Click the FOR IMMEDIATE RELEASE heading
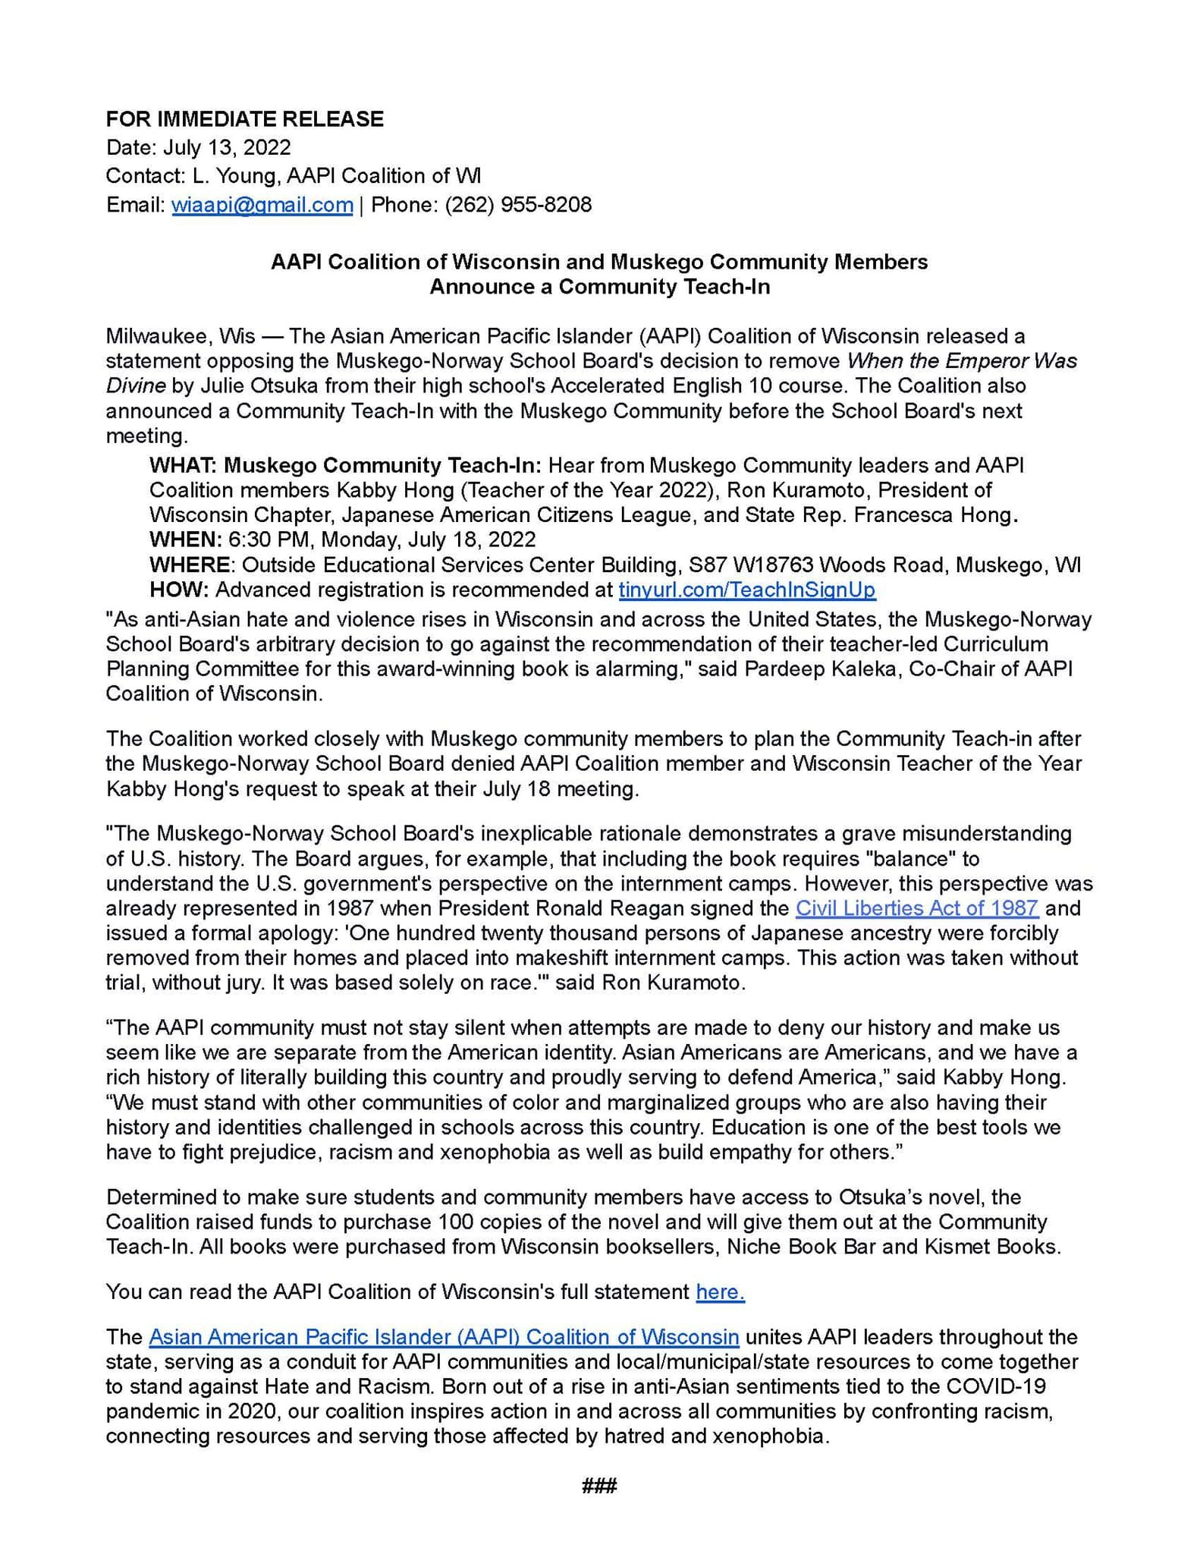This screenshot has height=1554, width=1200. (244, 119)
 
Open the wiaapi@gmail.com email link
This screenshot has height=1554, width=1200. (262, 205)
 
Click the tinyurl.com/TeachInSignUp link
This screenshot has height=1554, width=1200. (746, 590)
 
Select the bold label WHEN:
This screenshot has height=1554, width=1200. (185, 539)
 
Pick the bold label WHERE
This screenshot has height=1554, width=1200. (190, 565)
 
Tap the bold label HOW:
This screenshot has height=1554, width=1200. (179, 590)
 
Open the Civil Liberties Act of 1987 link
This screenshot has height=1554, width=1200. (916, 908)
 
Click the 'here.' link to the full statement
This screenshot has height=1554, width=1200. (720, 1292)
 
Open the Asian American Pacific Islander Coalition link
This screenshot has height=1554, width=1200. (444, 1337)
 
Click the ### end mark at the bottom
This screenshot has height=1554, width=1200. (599, 1486)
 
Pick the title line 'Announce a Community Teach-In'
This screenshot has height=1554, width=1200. (599, 287)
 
